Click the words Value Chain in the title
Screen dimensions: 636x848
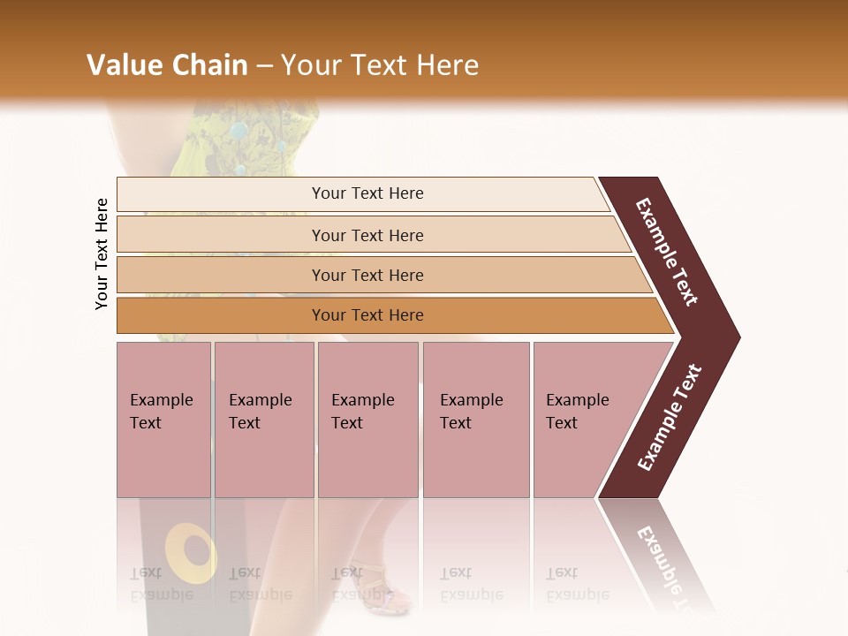(x=167, y=65)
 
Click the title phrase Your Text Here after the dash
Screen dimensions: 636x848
(x=379, y=65)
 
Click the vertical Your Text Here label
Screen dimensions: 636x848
(x=102, y=254)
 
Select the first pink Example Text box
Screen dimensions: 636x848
(x=163, y=420)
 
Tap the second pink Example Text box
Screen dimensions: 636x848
(x=263, y=420)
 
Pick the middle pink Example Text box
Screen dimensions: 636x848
(x=367, y=420)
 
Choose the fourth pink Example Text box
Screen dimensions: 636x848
(x=475, y=420)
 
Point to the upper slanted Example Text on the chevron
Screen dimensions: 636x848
(x=667, y=252)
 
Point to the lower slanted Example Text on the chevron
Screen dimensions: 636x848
(x=670, y=417)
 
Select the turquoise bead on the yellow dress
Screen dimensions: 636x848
(x=239, y=131)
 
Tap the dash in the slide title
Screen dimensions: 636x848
(x=264, y=66)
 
